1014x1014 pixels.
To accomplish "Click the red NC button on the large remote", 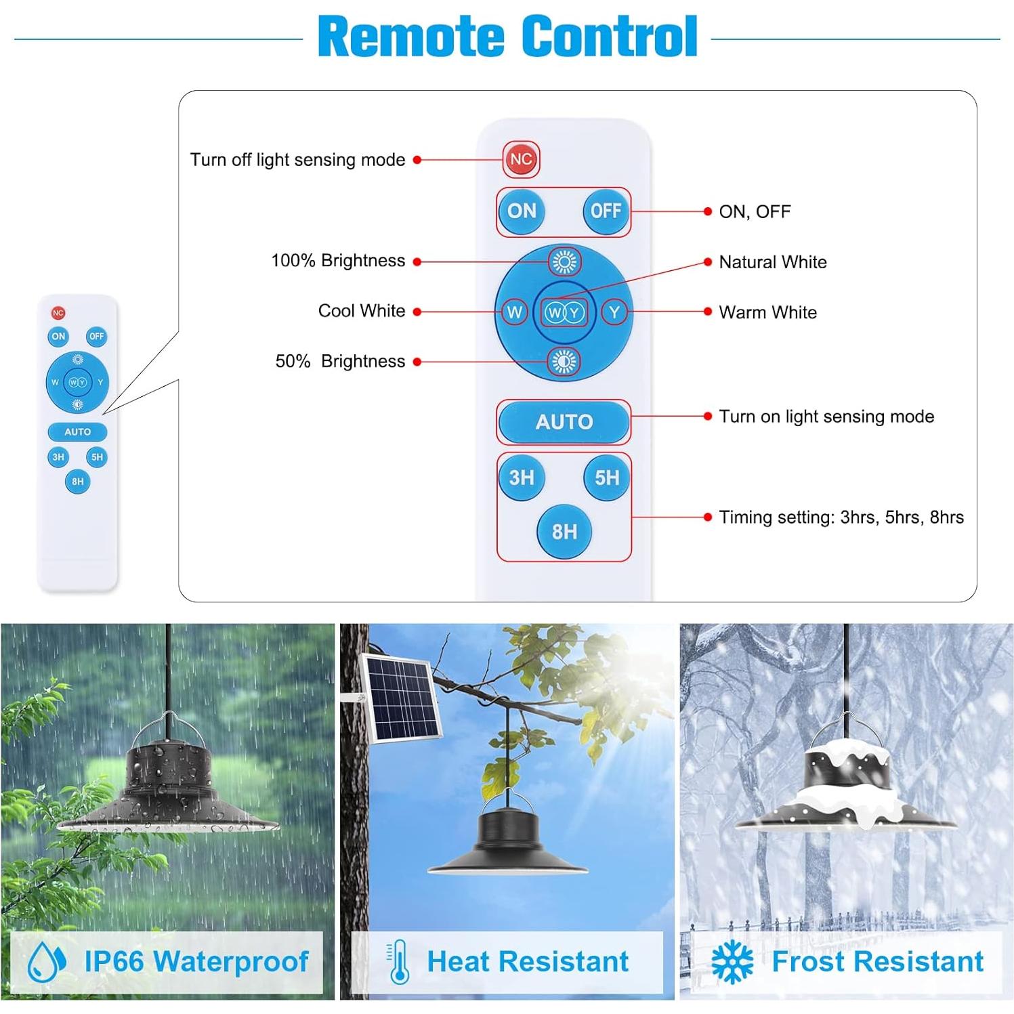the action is [x=521, y=159].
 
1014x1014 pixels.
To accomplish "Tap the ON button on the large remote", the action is [x=522, y=211].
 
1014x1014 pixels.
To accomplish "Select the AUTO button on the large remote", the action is [x=564, y=422].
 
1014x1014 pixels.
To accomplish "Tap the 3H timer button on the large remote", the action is [x=522, y=478].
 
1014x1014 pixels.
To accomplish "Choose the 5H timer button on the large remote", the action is [x=607, y=478].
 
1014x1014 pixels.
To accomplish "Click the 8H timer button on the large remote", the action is [x=564, y=532].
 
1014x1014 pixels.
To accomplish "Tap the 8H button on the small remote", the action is [x=78, y=482].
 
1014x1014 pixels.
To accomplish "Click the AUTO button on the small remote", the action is [x=77, y=431].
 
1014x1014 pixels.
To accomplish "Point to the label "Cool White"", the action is [x=362, y=311].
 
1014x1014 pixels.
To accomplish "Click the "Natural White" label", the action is [x=773, y=262].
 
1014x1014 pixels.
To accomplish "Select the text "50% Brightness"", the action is [x=340, y=361].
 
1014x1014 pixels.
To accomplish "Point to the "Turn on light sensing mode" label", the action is [x=826, y=417].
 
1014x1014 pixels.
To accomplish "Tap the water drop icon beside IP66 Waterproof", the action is [x=47, y=962].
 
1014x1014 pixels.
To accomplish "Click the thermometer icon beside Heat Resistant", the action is [x=398, y=962].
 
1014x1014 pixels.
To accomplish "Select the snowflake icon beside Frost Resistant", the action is [x=732, y=962].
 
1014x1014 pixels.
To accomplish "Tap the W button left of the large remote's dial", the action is [x=515, y=312].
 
